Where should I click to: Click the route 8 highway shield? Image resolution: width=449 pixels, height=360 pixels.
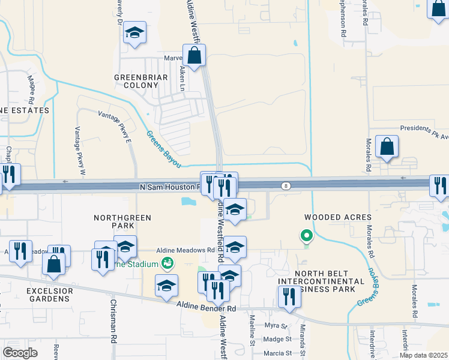pos(288,186)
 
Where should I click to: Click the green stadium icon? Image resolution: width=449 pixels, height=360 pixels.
pos(167,263)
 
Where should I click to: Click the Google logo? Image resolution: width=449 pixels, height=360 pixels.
pos(20,353)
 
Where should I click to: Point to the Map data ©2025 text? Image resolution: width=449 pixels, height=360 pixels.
pos(423,355)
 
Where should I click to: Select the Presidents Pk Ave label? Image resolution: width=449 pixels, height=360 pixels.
pos(425,130)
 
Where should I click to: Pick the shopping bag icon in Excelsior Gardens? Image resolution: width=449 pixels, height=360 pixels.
pos(53,265)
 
